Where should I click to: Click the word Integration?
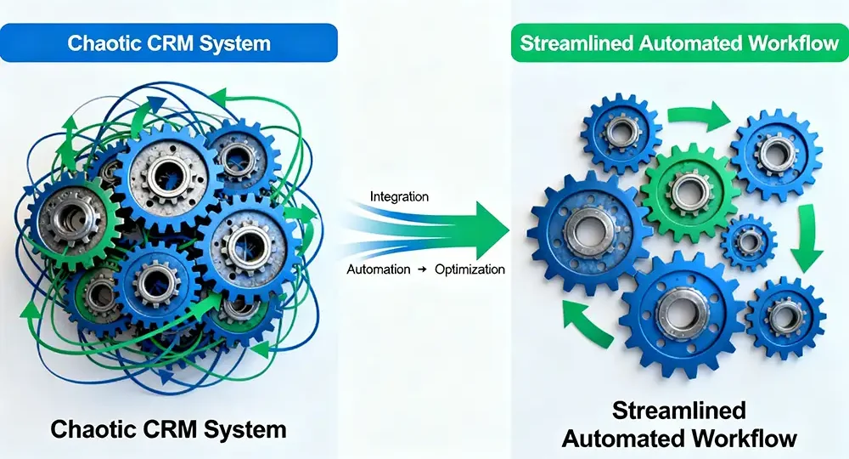399,197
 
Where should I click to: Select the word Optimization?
469,269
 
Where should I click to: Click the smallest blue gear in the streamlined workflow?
747,242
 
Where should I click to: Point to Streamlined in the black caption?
680,412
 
